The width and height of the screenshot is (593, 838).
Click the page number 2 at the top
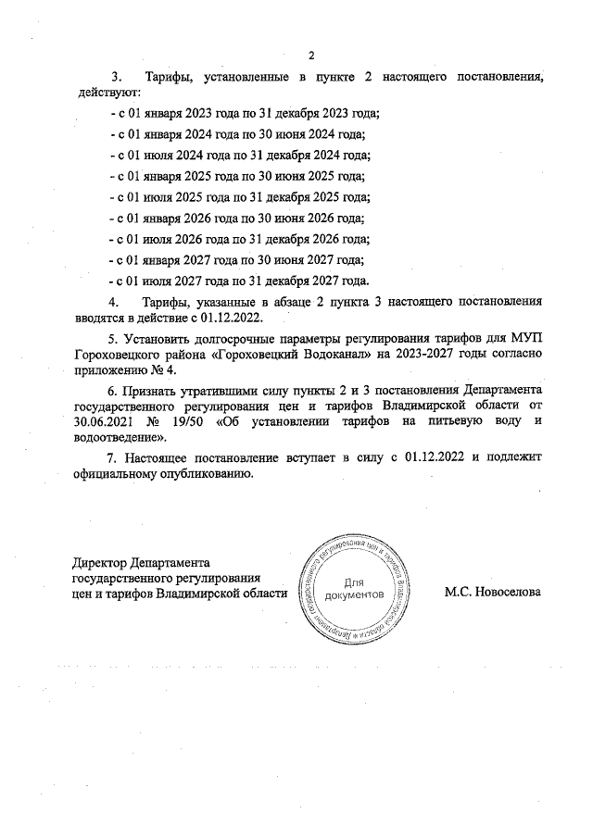point(311,55)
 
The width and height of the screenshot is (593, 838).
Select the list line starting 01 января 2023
point(244,113)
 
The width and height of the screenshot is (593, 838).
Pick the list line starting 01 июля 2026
point(239,239)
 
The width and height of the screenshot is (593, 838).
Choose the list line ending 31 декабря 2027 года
point(239,281)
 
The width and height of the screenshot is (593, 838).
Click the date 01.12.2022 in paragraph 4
point(231,317)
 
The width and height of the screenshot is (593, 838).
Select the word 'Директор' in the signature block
point(100,561)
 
